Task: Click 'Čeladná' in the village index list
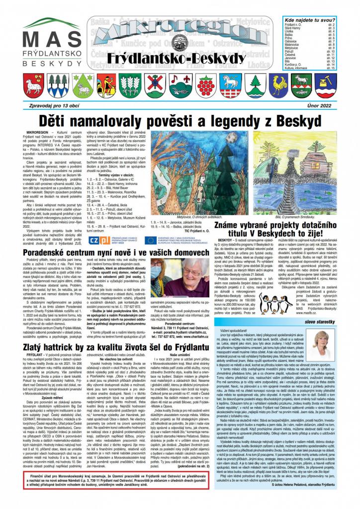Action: click(x=293, y=55)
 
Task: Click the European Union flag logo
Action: click(x=151, y=240)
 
